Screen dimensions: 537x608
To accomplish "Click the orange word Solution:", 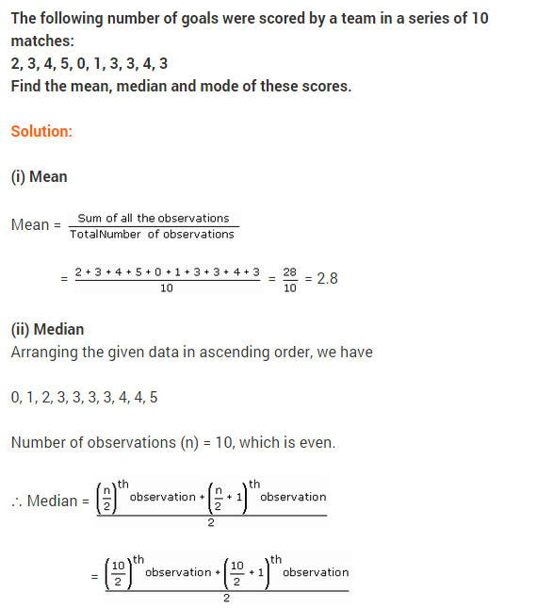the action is tap(41, 131).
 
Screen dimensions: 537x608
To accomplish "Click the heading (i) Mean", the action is tap(39, 176).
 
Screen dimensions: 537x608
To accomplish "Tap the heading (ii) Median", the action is tap(47, 329).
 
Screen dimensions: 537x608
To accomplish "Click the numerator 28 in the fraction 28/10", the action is tap(289, 271).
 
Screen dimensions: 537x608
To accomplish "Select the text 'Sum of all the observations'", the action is tap(154, 218).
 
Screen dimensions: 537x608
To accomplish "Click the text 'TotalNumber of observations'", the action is tap(152, 234).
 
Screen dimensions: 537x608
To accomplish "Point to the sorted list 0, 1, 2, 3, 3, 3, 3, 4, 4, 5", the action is tap(84, 397).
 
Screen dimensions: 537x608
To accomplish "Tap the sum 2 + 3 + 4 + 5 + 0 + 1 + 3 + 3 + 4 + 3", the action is tap(167, 271).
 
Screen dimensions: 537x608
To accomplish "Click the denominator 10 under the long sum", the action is tap(167, 288).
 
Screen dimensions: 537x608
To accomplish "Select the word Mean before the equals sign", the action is tap(29, 225).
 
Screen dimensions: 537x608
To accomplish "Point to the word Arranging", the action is tap(42, 352).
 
